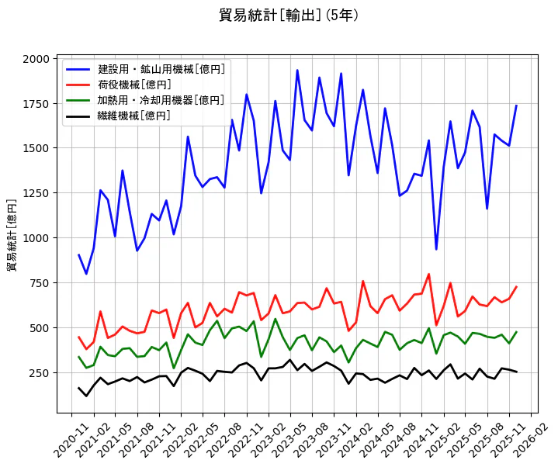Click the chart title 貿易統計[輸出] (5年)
[x=289, y=15]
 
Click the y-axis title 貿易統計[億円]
[x=12, y=234]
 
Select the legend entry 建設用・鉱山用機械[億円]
[x=161, y=69]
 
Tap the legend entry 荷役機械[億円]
[x=134, y=85]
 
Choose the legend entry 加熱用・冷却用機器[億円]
[x=161, y=100]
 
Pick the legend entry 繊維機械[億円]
[x=134, y=116]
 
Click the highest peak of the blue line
[x=297, y=70]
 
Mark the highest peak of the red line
[x=428, y=274]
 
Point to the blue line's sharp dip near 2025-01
[x=436, y=249]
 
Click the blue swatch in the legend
[x=78, y=69]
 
